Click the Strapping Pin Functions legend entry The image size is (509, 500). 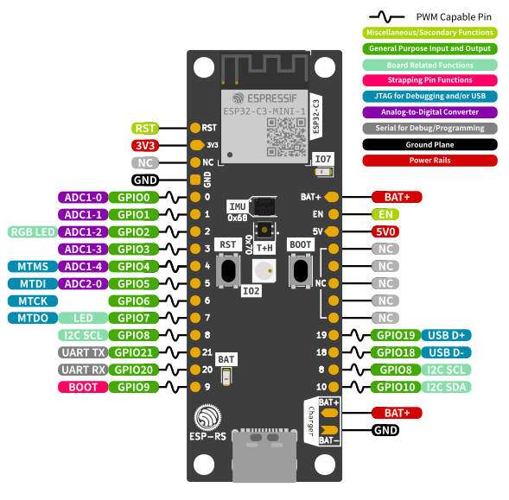point(429,80)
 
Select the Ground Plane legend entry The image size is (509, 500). point(429,145)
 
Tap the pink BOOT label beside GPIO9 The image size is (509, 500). point(83,387)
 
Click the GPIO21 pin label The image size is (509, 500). point(133,352)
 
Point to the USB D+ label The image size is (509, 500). point(446,335)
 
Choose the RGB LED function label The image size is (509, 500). point(33,232)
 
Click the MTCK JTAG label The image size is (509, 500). point(33,301)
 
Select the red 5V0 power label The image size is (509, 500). point(385,231)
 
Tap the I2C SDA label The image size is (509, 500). point(446,387)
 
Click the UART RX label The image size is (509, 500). point(83,370)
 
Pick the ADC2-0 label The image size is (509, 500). point(83,284)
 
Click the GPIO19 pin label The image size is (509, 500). point(396,335)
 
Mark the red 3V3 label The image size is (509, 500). point(145,145)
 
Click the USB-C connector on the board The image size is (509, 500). point(264,455)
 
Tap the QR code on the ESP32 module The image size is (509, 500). point(286,137)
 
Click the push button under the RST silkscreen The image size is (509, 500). point(228,270)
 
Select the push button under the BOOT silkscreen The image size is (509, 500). point(301,270)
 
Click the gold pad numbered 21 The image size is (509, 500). point(195,352)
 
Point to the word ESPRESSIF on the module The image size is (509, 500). point(272,98)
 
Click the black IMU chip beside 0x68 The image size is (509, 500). point(264,206)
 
